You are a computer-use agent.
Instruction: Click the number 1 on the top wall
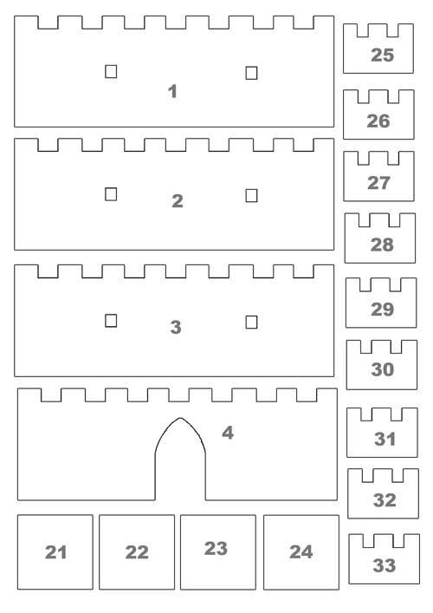click(x=172, y=92)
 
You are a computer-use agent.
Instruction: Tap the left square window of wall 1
click(x=111, y=72)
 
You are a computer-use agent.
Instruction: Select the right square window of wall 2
click(x=251, y=195)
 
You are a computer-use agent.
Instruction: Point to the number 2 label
click(x=178, y=201)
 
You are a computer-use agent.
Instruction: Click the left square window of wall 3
click(x=111, y=321)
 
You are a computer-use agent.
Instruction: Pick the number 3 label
click(x=176, y=327)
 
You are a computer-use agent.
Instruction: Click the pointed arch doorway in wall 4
click(x=180, y=418)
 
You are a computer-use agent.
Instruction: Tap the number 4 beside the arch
click(x=228, y=433)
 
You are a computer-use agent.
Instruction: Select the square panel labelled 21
click(x=55, y=551)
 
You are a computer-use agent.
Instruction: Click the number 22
click(x=137, y=552)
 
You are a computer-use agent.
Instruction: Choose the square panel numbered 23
click(x=218, y=552)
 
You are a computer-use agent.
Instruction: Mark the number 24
click(x=301, y=552)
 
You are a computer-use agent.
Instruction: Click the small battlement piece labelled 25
click(x=378, y=49)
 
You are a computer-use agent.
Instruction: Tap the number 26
click(x=378, y=121)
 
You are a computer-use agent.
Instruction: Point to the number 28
click(x=382, y=245)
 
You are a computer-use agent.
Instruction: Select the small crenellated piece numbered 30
click(x=382, y=365)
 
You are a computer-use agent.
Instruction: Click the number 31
click(x=385, y=439)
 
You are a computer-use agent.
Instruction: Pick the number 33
click(x=385, y=565)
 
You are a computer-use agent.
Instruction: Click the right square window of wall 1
click(x=251, y=73)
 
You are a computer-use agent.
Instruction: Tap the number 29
click(x=382, y=310)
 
